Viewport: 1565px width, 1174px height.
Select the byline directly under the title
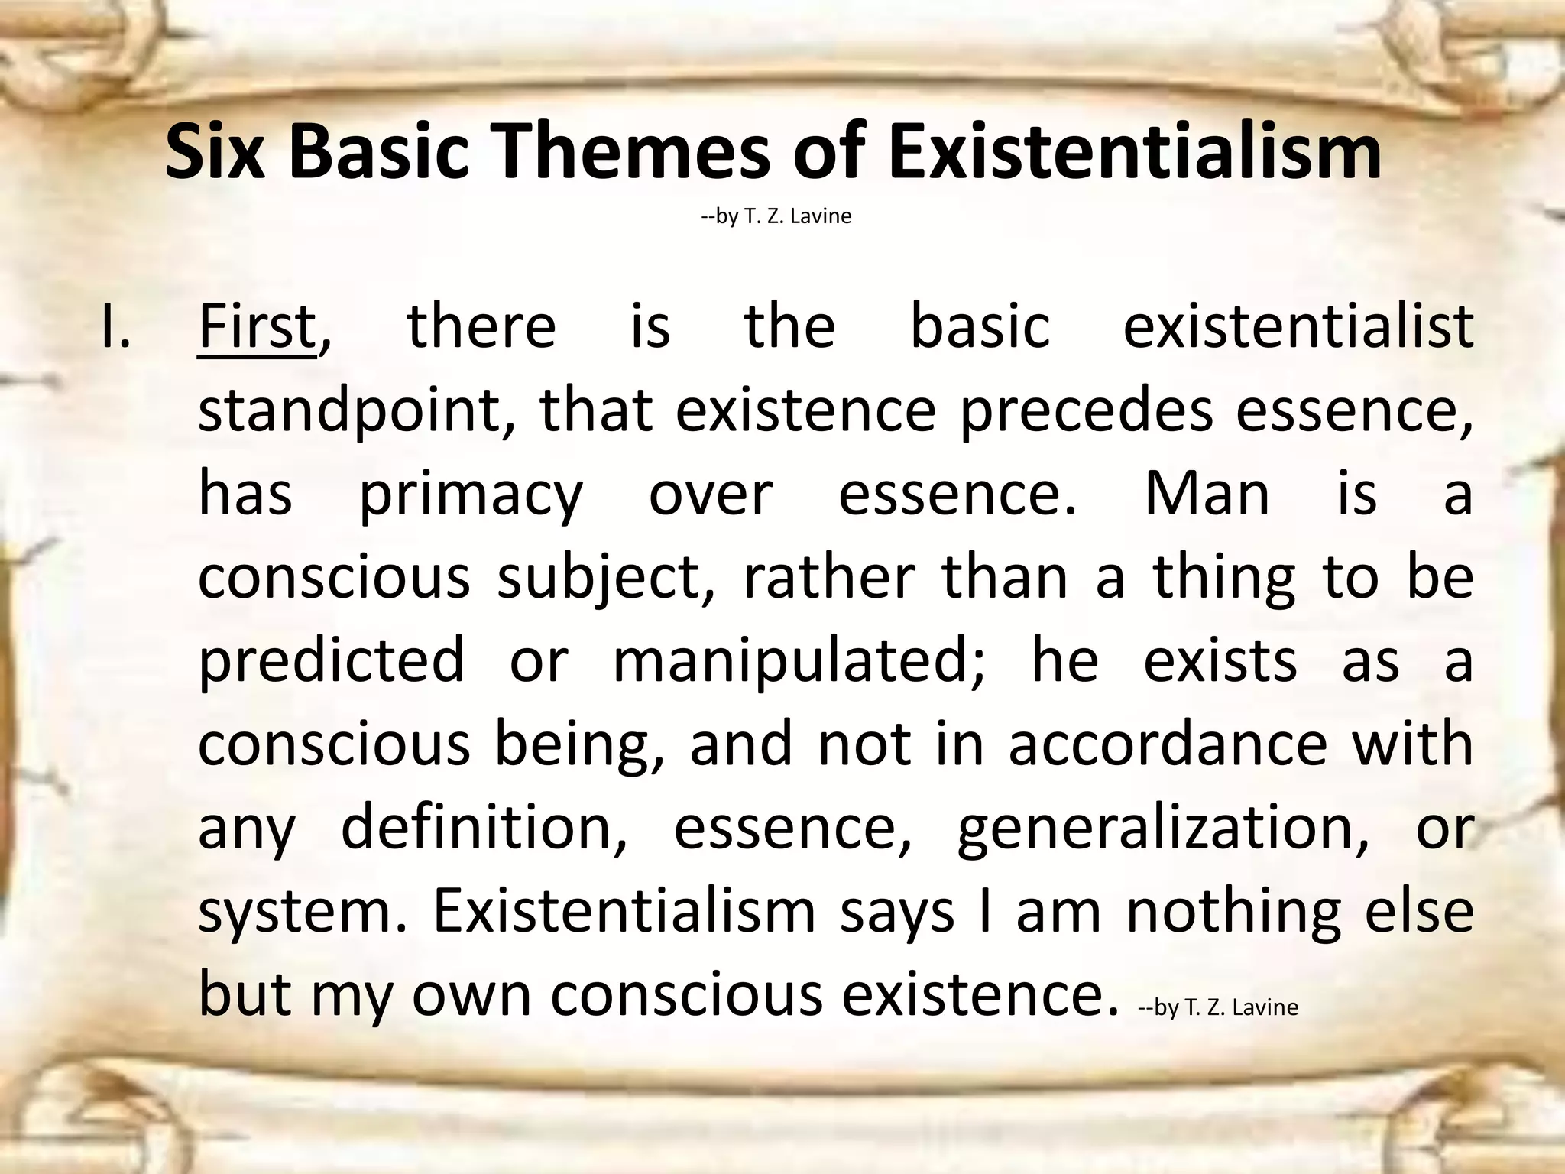point(776,216)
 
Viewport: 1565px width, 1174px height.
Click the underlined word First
point(257,327)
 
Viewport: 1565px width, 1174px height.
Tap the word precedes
point(1086,411)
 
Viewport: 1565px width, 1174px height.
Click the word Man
point(1207,494)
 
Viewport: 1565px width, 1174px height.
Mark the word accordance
point(1168,744)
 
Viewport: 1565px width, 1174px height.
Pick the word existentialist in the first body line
point(1298,327)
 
